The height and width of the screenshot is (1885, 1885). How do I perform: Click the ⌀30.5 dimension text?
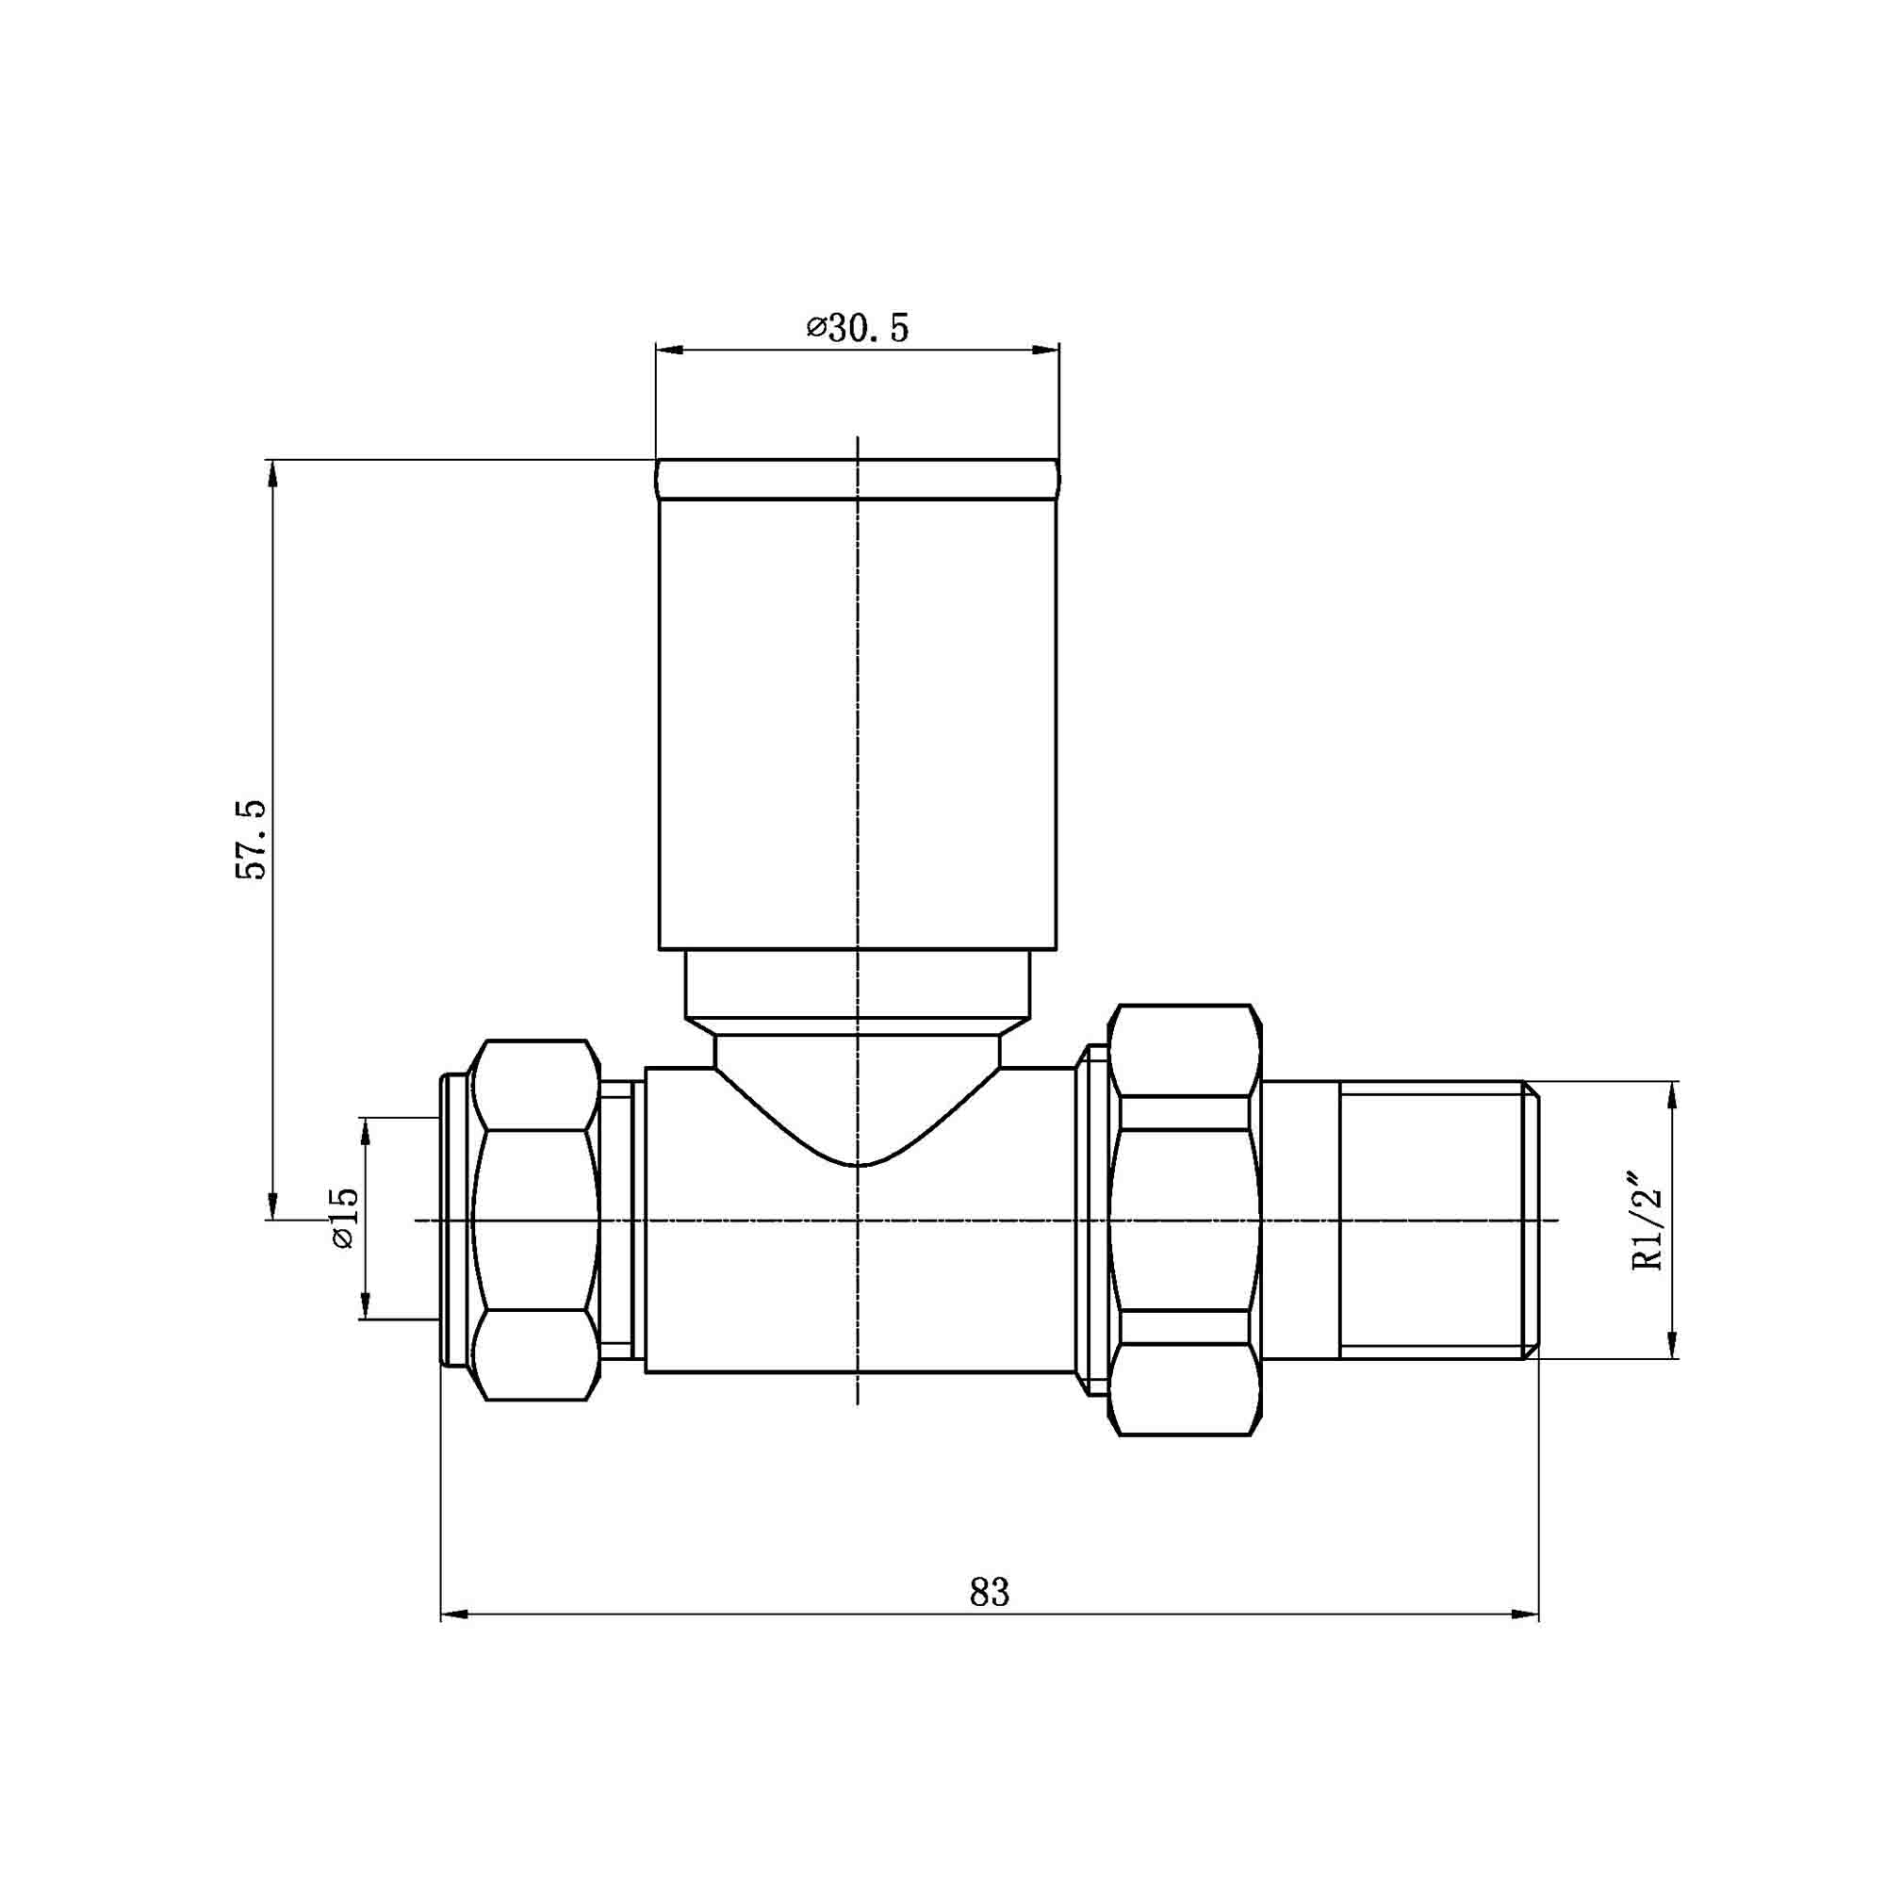858,329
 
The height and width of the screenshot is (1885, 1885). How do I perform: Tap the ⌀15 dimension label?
344,1219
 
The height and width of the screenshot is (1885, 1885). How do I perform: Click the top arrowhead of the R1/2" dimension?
1674,1094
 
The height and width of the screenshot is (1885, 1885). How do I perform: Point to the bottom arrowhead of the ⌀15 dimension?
367,1306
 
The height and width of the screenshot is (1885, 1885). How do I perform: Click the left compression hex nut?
534,1220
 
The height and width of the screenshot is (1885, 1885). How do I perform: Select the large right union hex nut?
1185,1220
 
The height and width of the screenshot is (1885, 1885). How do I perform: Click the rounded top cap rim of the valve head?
857,479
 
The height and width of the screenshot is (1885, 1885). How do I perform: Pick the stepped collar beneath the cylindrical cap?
857,986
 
